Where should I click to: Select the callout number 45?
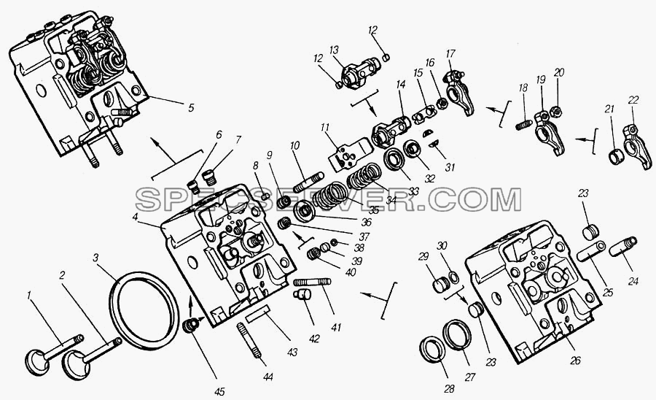[219, 392]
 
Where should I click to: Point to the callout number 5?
[191, 107]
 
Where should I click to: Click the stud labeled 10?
[307, 182]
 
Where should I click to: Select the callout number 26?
[576, 360]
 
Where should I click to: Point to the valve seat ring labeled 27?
[457, 334]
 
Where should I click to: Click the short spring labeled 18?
[523, 124]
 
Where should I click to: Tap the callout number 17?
[450, 54]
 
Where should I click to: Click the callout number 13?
[334, 50]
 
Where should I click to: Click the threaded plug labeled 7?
[210, 177]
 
